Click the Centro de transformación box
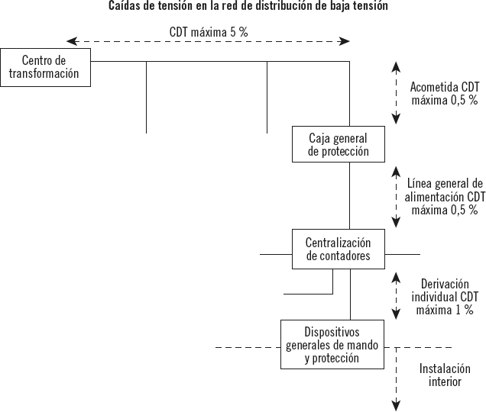[46, 67]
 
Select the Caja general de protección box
[338, 144]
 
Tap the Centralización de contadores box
[338, 248]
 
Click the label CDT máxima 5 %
[208, 33]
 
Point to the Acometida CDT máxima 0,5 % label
[444, 93]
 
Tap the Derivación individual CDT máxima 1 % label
[444, 296]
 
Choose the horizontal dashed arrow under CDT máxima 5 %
[208, 41]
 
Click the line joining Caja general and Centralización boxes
[350, 195]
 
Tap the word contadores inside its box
[338, 256]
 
